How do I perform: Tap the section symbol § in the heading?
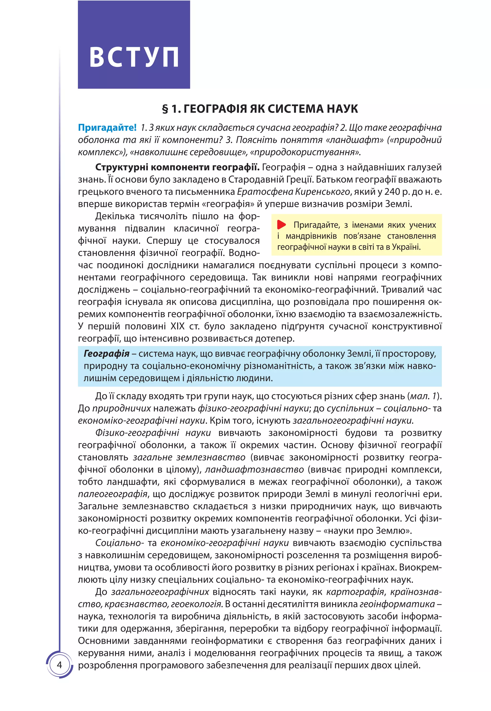coord(165,109)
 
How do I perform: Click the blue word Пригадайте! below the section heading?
coord(107,127)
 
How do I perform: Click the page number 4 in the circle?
coord(59,665)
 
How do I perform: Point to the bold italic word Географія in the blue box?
coord(106,354)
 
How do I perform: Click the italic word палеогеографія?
coord(113,494)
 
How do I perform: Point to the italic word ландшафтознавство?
coord(254,469)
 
